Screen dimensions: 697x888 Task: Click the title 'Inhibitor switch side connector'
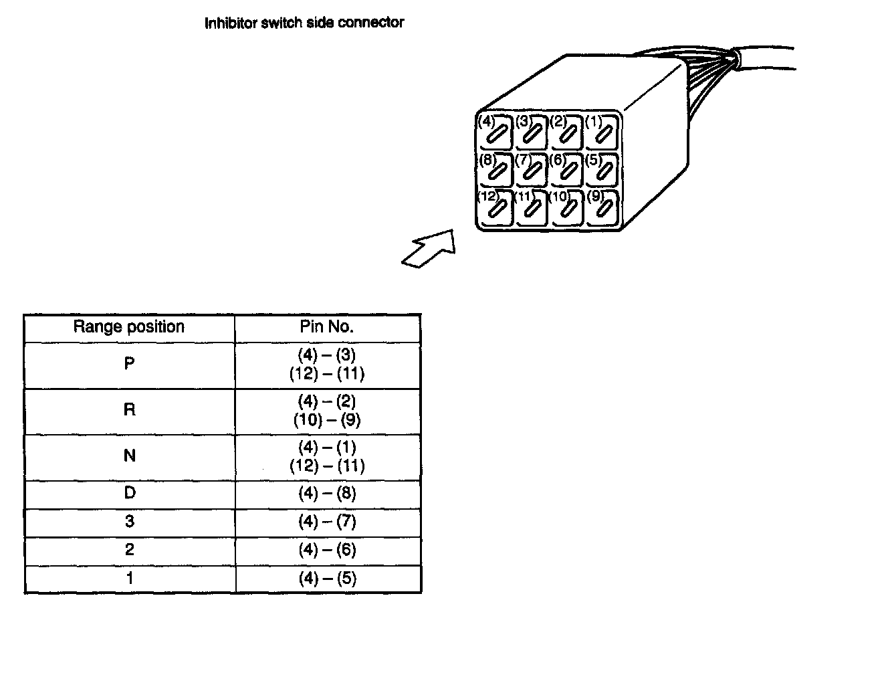304,23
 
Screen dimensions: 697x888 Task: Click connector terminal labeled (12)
495,208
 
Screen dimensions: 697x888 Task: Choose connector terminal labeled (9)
602,208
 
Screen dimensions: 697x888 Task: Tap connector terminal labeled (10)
567,208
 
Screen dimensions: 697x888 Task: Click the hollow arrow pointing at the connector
429,250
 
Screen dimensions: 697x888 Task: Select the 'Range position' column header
129,327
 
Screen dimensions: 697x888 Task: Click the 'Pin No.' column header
327,327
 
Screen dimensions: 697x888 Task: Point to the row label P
129,364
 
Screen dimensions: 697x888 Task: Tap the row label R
129,409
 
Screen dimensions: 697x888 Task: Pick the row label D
129,493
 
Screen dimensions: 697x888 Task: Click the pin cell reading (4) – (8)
327,494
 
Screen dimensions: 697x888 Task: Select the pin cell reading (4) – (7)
327,522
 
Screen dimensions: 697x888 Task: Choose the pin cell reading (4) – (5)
327,579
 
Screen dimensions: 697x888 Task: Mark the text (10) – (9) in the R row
327,420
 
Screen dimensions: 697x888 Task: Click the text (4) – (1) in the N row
327,447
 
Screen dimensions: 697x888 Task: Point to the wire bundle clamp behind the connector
735,59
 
